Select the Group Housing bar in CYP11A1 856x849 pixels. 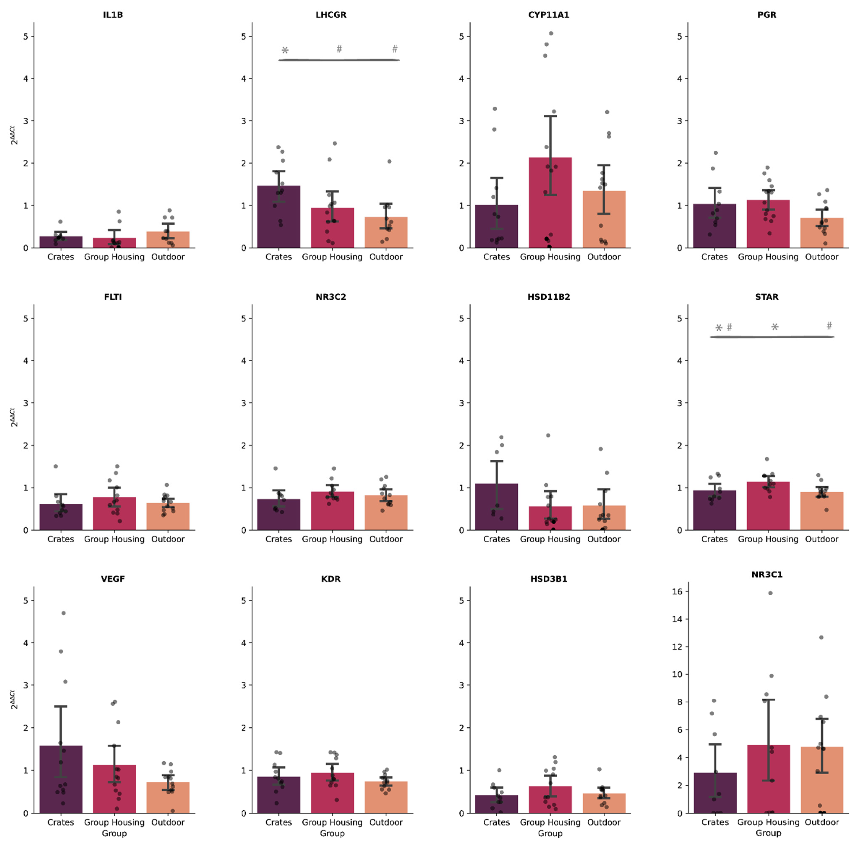tap(550, 208)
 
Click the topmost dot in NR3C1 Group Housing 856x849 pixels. tap(770, 593)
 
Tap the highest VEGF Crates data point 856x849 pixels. tap(63, 613)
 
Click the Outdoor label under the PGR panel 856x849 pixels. tap(821, 257)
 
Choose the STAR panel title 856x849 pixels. tap(766, 297)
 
